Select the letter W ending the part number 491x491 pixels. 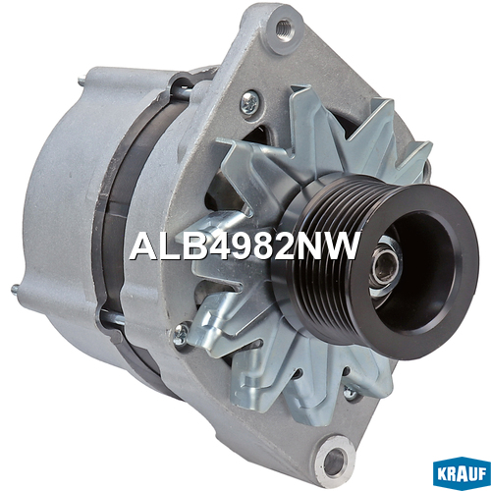341,245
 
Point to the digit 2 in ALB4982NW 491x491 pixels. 287,245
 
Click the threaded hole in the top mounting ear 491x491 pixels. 283,30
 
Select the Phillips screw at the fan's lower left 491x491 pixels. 181,334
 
